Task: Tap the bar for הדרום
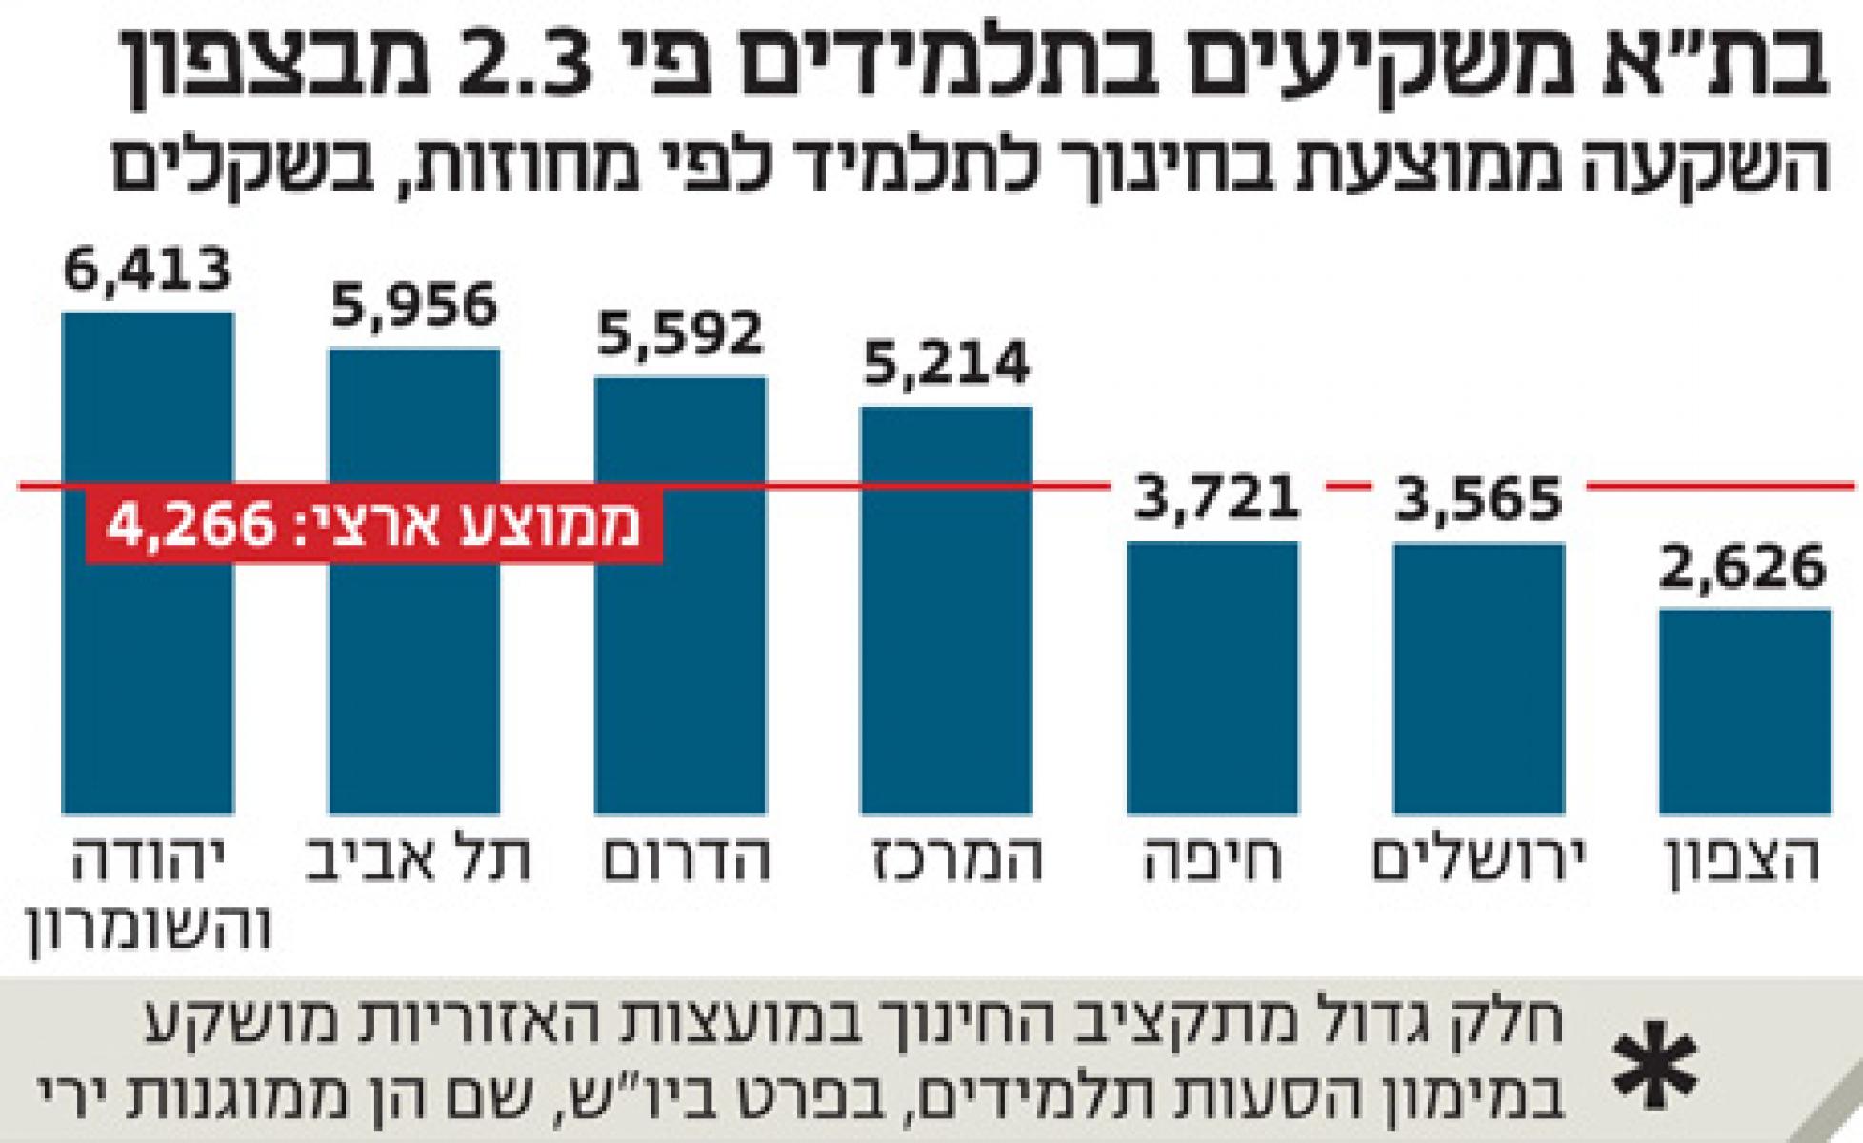coord(680,686)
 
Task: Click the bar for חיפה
coord(1212,676)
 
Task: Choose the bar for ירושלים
coord(1478,676)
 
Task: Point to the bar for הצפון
coord(1745,710)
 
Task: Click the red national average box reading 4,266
coord(374,526)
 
